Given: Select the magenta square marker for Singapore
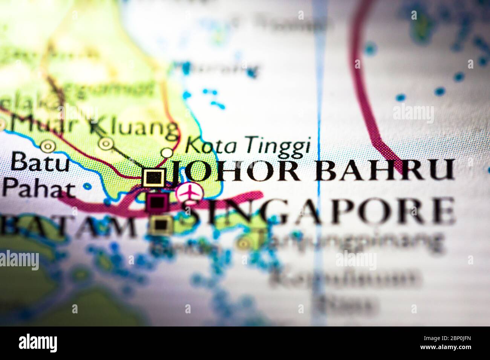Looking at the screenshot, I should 157,203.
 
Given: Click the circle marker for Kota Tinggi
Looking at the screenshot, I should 167,153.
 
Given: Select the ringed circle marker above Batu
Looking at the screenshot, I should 47,145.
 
